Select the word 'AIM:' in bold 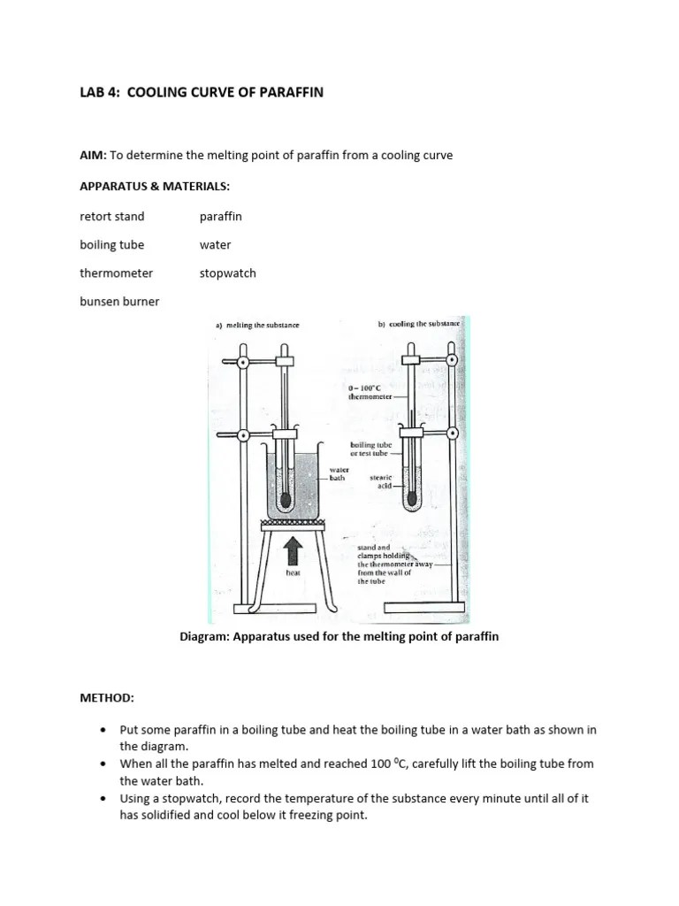click(x=93, y=156)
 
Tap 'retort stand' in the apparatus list click(x=111, y=216)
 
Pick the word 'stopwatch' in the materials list click(x=227, y=273)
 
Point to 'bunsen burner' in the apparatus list click(x=119, y=301)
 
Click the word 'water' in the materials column click(x=215, y=244)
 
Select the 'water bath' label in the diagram click(x=339, y=473)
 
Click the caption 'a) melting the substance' click(x=257, y=325)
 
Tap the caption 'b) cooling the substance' click(x=418, y=325)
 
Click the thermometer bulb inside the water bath click(x=285, y=500)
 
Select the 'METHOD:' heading click(x=107, y=698)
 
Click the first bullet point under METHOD click(x=103, y=730)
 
